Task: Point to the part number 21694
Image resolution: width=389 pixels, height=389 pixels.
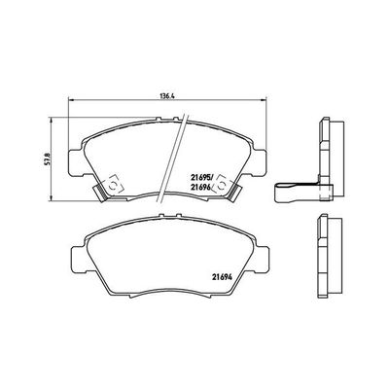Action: (224, 276)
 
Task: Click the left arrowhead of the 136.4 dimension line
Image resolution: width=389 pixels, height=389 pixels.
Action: (69, 104)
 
